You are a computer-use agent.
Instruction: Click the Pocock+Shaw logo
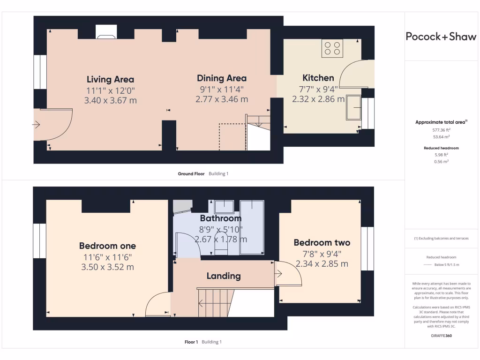[441, 37]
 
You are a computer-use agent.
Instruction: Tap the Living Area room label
[110, 79]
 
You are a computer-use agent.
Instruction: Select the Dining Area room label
[221, 78]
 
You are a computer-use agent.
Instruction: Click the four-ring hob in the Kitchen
[332, 48]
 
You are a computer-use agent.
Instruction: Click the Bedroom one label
[107, 246]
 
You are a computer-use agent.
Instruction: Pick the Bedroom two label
[322, 242]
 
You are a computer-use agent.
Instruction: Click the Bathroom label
[221, 218]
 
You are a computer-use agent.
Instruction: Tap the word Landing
[224, 276]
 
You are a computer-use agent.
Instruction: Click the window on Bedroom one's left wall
[40, 240]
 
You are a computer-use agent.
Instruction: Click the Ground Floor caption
[191, 174]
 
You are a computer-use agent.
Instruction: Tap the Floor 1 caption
[191, 342]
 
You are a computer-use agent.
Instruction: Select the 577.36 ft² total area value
[442, 129]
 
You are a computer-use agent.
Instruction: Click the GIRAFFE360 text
[441, 336]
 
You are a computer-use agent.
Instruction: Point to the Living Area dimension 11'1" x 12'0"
[110, 90]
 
